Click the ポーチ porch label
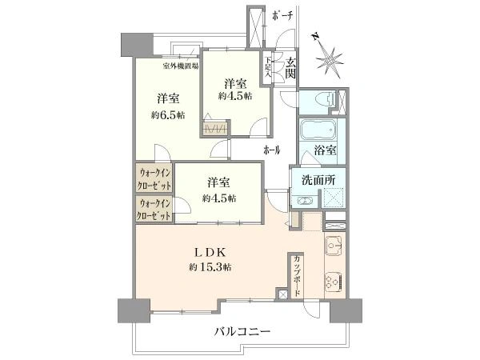coord(282,17)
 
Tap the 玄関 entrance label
coord(290,68)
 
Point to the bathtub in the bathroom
coord(318,130)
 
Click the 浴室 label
coord(326,150)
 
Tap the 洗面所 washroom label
coord(318,180)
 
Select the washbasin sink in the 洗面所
coord(305,201)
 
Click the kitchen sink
coord(335,246)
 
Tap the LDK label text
coord(211,253)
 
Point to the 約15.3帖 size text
coord(210,267)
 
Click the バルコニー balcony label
coord(242,332)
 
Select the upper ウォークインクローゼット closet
coord(154,178)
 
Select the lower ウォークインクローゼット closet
coord(154,209)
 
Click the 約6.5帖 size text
coord(168,115)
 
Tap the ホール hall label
coord(272,150)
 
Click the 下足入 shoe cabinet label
coord(268,67)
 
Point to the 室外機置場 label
coord(180,66)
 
